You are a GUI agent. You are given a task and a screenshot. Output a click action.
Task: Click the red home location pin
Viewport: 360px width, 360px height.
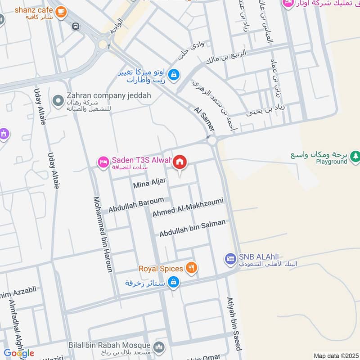[x=180, y=162]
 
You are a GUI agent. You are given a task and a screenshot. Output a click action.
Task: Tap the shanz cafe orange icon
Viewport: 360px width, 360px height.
[x=62, y=12]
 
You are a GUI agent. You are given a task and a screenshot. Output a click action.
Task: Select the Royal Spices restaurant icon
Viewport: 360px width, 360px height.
[x=192, y=269]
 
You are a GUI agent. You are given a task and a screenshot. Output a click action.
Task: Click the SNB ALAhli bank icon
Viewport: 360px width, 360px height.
[x=231, y=258]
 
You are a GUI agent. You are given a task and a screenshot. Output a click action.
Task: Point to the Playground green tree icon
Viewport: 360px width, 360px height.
[x=355, y=156]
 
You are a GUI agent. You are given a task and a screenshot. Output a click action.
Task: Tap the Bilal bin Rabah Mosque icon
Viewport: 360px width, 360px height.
[x=158, y=346]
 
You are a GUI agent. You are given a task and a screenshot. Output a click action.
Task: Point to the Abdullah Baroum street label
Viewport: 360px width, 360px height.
[x=136, y=204]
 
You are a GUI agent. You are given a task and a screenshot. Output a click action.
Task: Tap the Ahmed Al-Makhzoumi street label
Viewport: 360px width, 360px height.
[x=188, y=207]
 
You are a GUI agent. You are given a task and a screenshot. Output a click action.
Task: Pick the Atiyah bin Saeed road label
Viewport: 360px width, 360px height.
[x=234, y=324]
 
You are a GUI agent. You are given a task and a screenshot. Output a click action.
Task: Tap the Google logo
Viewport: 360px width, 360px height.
[x=19, y=353]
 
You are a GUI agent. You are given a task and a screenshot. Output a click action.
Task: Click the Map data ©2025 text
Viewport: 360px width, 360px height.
[x=335, y=355]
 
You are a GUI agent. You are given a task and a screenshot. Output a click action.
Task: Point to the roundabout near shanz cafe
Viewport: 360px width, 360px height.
[x=103, y=44]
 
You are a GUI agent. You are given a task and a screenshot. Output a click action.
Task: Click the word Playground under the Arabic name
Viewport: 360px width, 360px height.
[x=331, y=162]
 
